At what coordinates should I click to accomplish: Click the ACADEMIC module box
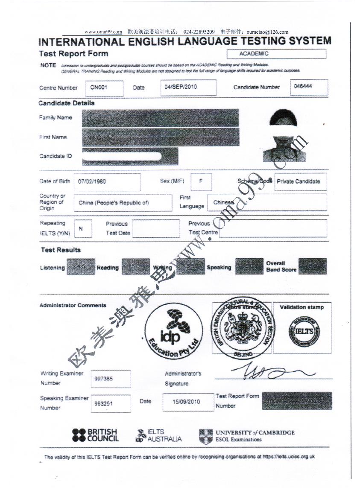277,54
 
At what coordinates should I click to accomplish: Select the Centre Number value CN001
104,88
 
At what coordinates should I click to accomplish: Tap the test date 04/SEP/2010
189,87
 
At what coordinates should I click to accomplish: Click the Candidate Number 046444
309,87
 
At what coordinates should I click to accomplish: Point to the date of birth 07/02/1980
107,182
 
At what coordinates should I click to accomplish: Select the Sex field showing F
201,181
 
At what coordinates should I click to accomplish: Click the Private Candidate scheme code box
301,181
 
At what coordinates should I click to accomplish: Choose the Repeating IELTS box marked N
83,229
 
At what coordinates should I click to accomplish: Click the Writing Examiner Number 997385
111,379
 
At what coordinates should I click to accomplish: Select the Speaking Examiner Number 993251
111,403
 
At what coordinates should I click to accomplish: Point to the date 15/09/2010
187,402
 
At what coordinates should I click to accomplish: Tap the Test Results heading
61,250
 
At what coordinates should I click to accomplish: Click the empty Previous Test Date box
155,229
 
